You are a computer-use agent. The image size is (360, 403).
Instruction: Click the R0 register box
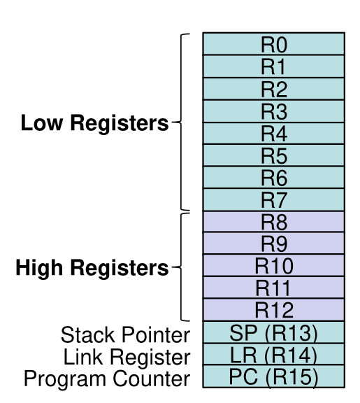click(273, 44)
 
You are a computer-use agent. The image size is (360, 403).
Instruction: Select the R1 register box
click(273, 66)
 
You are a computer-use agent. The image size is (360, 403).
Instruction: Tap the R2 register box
click(273, 89)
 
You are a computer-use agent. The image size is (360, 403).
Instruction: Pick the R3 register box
click(273, 111)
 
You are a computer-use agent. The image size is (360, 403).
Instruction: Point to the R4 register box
click(273, 133)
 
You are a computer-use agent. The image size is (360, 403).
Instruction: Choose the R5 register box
click(273, 155)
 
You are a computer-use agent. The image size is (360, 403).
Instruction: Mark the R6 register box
click(273, 178)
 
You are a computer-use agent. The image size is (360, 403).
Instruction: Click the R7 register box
click(273, 199)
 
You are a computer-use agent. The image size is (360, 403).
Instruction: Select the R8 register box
click(273, 222)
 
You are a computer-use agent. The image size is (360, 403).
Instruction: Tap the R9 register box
click(273, 243)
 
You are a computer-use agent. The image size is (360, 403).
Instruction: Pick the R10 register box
click(273, 266)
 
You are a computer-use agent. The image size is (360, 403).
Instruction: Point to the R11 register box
click(273, 288)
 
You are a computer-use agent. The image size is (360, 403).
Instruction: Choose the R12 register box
click(273, 310)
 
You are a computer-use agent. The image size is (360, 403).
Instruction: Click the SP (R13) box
click(273, 333)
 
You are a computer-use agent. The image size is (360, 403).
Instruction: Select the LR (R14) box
click(273, 355)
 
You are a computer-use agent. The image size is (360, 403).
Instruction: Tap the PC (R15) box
click(273, 377)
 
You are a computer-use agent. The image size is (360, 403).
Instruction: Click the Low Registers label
click(95, 124)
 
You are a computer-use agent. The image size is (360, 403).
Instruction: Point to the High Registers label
click(92, 268)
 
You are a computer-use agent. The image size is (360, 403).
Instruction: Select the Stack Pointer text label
click(125, 334)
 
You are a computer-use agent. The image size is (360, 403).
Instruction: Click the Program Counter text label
click(107, 379)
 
